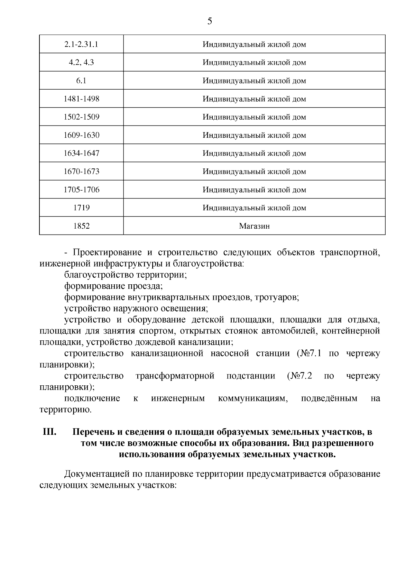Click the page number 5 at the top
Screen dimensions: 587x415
point(210,21)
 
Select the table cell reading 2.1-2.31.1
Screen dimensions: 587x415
point(82,44)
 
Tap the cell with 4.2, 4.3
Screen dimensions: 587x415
point(82,63)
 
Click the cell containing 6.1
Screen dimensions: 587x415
point(82,81)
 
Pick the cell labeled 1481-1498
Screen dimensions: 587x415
point(82,99)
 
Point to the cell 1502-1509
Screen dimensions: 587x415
point(82,117)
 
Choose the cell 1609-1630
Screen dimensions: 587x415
point(82,135)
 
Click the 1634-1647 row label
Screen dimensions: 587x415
point(82,153)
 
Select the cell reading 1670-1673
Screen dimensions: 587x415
point(82,172)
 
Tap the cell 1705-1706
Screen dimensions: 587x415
point(82,190)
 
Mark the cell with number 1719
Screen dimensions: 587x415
point(82,208)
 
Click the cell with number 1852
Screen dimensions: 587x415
point(82,226)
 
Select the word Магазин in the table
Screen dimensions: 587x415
point(254,226)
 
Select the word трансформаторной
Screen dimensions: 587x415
point(175,376)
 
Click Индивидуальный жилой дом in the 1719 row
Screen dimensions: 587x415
point(254,208)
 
